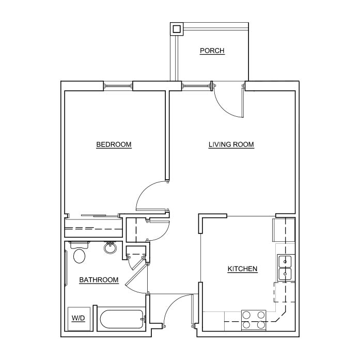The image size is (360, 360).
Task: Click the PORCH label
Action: (212, 51)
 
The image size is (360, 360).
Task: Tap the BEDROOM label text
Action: (114, 145)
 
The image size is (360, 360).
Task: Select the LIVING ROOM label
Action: (231, 145)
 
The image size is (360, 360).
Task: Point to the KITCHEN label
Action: (242, 269)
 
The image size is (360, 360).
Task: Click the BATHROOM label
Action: (99, 280)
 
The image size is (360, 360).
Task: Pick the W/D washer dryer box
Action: (79, 319)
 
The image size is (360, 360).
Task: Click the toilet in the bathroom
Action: (79, 253)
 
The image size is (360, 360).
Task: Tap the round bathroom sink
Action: (110, 247)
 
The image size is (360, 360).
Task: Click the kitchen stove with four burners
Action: (254, 320)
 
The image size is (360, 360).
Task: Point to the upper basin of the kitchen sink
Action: (285, 261)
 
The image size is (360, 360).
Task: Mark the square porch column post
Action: (177, 29)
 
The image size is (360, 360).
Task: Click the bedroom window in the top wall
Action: (118, 86)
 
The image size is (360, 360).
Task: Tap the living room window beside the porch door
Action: (196, 86)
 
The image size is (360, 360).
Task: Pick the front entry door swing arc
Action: (170, 303)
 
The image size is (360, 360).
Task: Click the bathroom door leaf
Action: (136, 275)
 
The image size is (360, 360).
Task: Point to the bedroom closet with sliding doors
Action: (93, 228)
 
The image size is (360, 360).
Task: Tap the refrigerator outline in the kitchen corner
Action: (284, 230)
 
